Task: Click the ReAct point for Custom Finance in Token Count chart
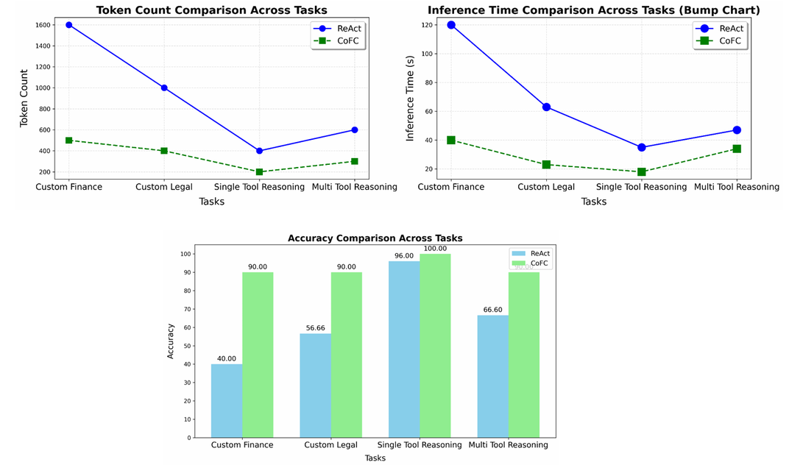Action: (69, 25)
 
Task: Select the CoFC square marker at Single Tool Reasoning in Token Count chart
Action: (259, 172)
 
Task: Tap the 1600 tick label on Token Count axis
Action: (42, 25)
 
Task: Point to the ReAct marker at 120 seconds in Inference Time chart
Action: (451, 25)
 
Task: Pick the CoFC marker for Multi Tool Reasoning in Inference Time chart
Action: (736, 149)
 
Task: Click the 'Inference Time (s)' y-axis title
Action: (411, 101)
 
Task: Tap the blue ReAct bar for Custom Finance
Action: (227, 400)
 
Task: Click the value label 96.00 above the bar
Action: (404, 256)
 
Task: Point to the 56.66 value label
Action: (315, 328)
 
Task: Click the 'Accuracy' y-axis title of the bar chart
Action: (171, 341)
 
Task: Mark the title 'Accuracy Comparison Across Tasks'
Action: (375, 238)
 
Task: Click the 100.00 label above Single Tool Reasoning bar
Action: (435, 249)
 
